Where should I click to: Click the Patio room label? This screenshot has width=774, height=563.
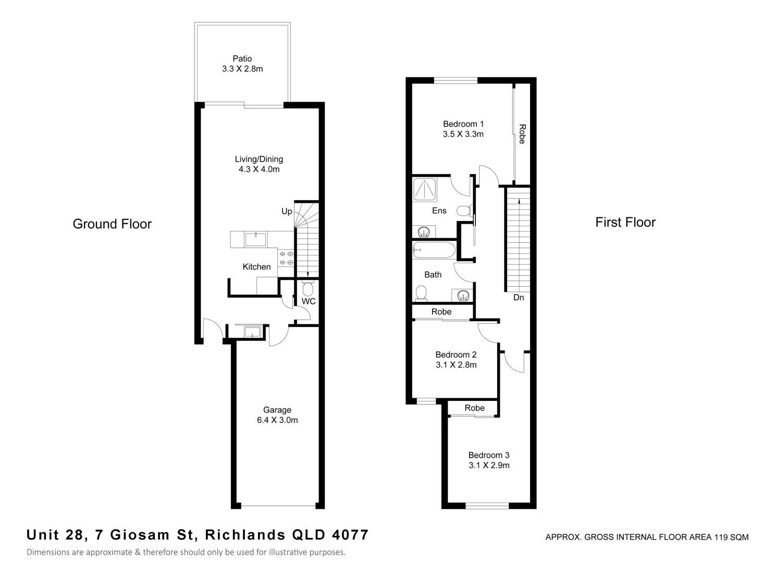242,59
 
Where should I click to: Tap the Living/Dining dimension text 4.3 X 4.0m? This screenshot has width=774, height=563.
259,169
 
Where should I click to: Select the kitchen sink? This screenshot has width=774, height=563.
255,239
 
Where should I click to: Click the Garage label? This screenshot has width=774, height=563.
277,410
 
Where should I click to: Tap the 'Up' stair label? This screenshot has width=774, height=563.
287,211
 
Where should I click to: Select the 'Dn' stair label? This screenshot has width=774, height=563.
518,298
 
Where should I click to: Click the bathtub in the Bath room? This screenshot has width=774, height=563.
434,250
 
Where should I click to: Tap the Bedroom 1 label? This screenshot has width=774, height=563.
463,124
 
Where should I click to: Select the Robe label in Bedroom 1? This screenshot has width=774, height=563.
522,134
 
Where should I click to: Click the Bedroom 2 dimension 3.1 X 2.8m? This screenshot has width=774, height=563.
456,365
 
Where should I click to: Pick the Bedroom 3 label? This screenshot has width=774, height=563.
488,455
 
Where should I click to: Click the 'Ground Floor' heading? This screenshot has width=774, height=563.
112,224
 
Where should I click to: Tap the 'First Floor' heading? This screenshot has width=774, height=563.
625,222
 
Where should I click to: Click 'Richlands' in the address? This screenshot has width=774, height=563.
245,535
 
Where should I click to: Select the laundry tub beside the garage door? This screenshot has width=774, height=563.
252,332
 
